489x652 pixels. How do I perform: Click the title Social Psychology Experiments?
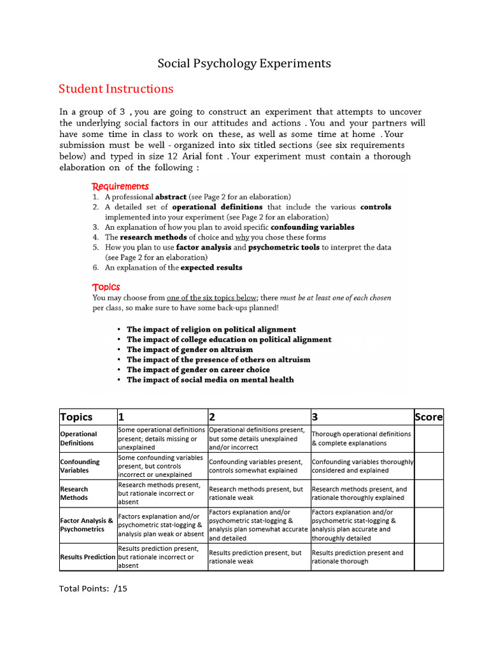244,63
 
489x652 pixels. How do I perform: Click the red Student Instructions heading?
115,89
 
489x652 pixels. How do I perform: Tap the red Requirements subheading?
120,187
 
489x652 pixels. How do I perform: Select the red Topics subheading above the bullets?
106,287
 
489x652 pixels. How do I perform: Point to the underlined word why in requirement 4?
241,237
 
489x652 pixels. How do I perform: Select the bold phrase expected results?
211,267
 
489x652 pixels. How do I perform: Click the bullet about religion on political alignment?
211,329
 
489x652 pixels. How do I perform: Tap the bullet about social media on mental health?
210,379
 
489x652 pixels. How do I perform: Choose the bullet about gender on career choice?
198,369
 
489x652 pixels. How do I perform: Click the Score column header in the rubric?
428,417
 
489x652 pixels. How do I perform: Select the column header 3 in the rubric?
315,417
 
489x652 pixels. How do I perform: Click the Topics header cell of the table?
76,417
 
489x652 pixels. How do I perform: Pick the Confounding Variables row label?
80,466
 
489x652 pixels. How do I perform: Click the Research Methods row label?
74,493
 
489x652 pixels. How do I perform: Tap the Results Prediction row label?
88,557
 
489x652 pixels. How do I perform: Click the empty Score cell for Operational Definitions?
428,439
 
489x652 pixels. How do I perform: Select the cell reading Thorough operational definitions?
360,439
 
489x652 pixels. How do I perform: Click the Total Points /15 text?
94,588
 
